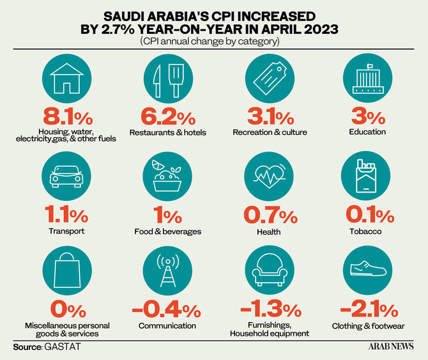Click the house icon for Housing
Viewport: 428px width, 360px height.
tap(66, 79)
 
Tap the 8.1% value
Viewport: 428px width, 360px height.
tap(66, 118)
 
